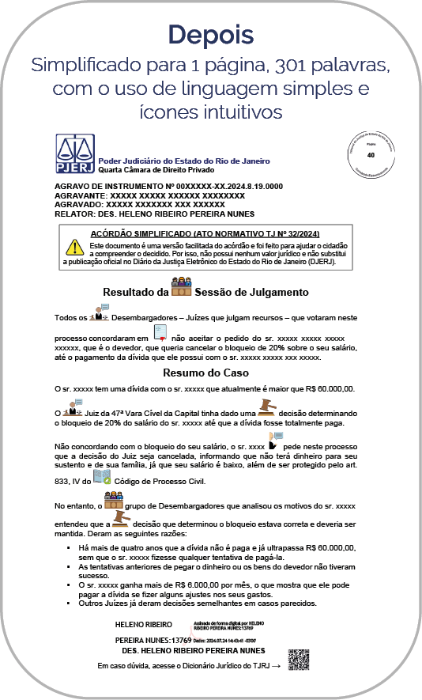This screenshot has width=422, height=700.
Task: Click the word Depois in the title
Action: pyautogui.click(x=210, y=35)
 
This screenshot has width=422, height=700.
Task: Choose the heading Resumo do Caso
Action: pyautogui.click(x=210, y=372)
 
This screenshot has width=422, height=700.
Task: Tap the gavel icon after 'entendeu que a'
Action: pyautogui.click(x=121, y=519)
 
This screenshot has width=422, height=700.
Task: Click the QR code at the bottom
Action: pyautogui.click(x=298, y=659)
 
